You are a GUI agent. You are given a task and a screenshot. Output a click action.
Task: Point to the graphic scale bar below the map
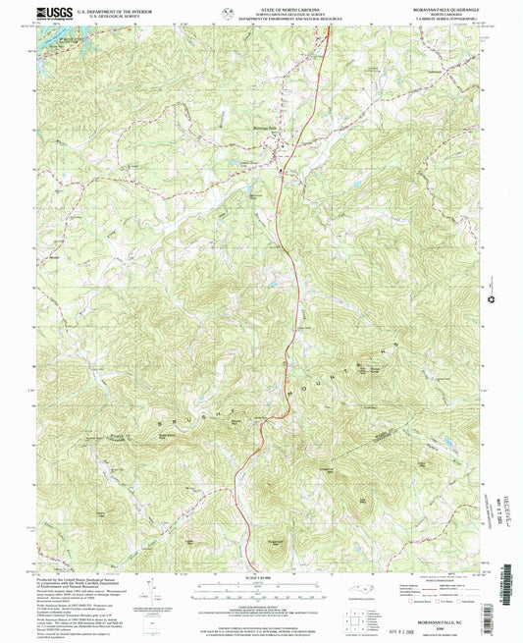tap(260, 589)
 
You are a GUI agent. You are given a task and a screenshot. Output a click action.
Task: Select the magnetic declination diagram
tap(148, 589)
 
